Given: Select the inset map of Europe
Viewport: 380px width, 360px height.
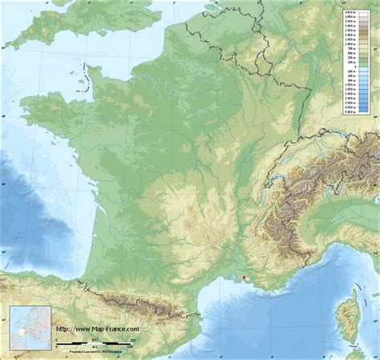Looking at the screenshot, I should (x=30, y=328).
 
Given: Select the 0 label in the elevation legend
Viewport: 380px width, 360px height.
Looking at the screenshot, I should (x=350, y=65).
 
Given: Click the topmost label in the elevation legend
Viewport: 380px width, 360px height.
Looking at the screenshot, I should (x=350, y=13).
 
